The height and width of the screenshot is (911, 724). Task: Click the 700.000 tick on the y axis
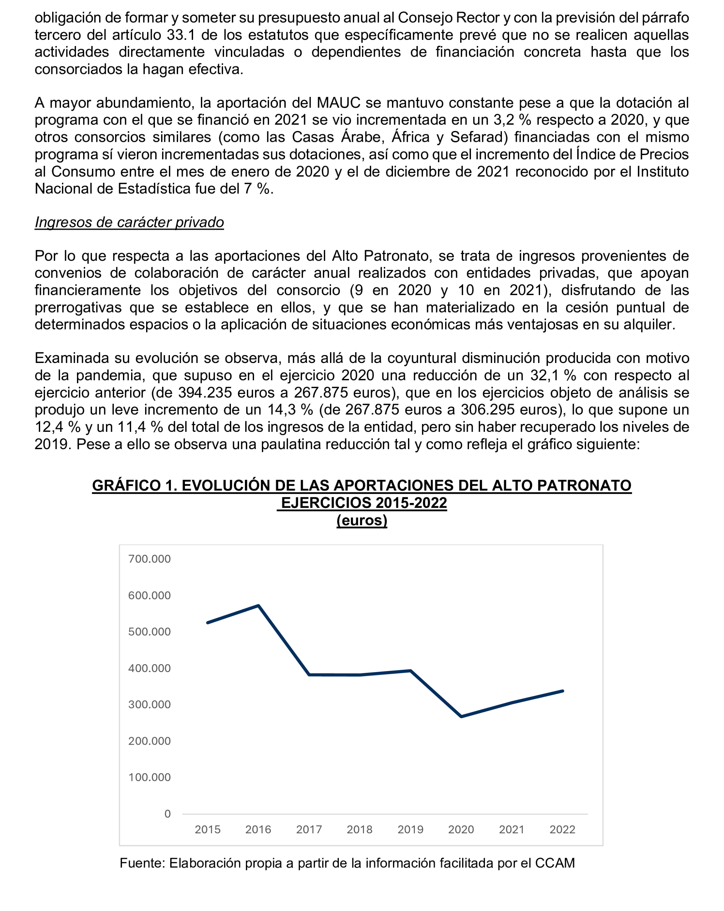[x=149, y=559]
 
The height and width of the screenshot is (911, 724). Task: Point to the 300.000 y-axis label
[x=149, y=704]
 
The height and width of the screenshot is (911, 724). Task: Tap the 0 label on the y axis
[x=168, y=814]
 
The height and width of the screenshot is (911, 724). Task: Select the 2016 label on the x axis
[x=258, y=830]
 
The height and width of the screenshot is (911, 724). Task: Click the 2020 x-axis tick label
[x=461, y=830]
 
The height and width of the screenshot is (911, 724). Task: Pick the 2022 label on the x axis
[x=562, y=830]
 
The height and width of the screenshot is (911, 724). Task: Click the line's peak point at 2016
[x=258, y=606]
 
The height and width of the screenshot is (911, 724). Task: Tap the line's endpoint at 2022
[x=563, y=691]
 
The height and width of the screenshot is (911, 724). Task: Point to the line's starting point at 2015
[x=208, y=623]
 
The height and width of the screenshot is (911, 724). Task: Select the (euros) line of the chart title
[x=362, y=520]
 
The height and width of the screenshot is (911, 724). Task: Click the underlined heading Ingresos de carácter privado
[x=129, y=222]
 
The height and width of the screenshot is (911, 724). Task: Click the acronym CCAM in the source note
[x=555, y=863]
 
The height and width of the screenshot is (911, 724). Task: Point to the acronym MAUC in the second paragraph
[x=338, y=103]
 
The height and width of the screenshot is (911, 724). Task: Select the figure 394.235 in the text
[x=205, y=393]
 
